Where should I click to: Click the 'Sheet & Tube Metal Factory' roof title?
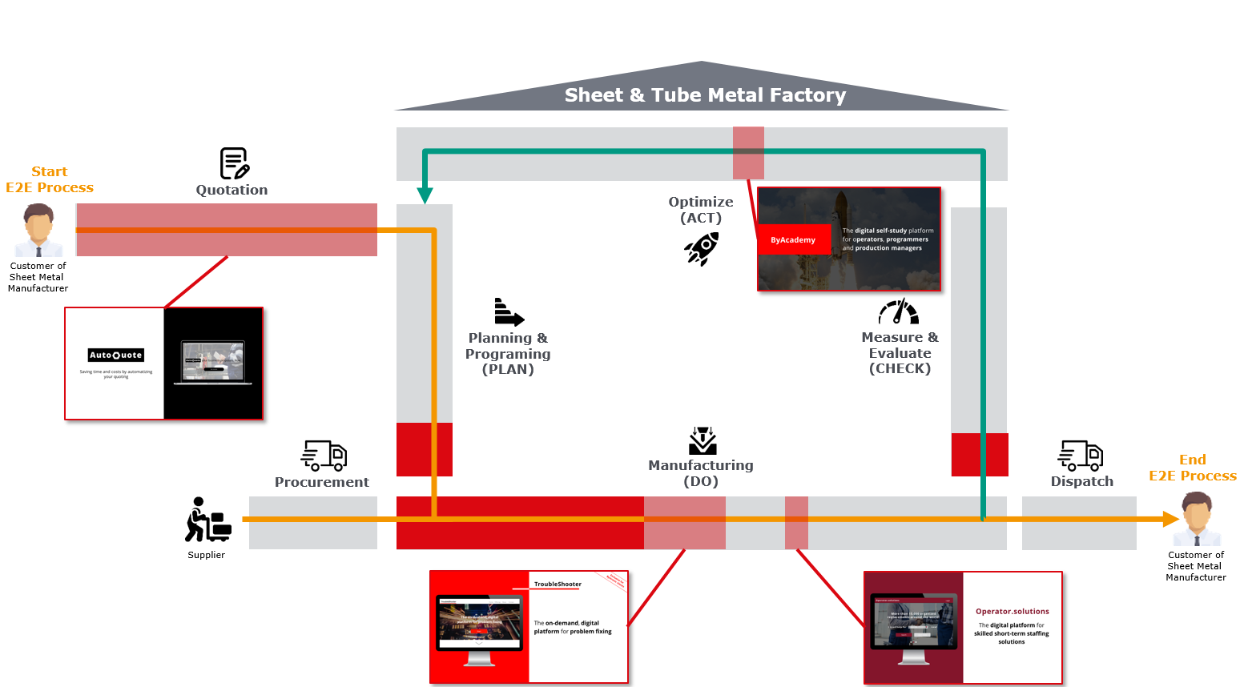[x=705, y=95]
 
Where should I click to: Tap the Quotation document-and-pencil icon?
[x=234, y=163]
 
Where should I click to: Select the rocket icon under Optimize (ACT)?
[x=702, y=249]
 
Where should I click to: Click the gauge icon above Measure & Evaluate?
[x=899, y=311]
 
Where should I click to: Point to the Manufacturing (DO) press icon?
[x=703, y=441]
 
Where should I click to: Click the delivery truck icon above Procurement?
[x=324, y=455]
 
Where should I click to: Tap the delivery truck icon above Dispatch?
[x=1081, y=455]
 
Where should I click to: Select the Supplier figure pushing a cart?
[x=207, y=520]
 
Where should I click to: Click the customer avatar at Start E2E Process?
[x=38, y=230]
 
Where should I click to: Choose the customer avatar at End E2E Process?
[x=1197, y=519]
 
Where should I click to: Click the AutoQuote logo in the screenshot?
[x=116, y=355]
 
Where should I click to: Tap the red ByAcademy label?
[x=793, y=239]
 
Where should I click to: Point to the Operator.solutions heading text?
[x=1012, y=611]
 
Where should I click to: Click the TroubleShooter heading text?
[x=558, y=584]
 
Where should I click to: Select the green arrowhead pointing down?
[x=425, y=196]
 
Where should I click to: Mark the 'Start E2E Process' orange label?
[x=50, y=179]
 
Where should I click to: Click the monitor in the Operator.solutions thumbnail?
[x=913, y=625]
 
